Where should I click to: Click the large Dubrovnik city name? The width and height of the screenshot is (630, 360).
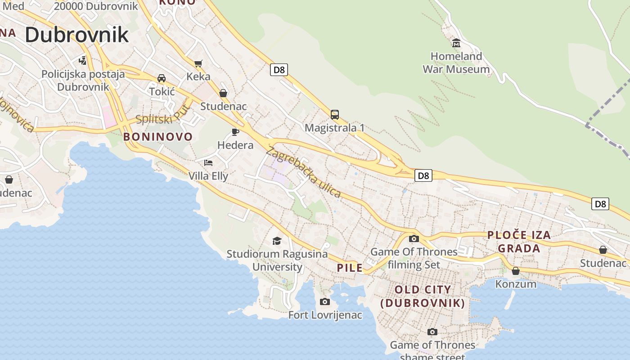click(x=76, y=35)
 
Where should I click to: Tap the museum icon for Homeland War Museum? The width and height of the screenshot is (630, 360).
click(x=456, y=43)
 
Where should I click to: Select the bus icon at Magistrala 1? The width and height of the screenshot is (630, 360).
click(x=334, y=114)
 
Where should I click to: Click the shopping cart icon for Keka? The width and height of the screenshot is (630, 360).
click(x=198, y=63)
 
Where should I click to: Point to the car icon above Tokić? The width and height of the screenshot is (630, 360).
click(x=162, y=78)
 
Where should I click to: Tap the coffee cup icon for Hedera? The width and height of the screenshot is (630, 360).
click(x=235, y=132)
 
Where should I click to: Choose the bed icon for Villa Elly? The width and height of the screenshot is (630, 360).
click(x=208, y=162)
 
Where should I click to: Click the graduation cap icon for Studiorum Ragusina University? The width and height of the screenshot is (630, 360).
click(x=277, y=241)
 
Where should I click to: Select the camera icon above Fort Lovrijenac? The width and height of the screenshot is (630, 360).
click(x=324, y=301)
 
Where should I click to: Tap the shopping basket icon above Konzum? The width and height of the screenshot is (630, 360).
click(x=516, y=271)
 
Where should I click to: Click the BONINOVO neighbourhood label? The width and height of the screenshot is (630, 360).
click(x=157, y=137)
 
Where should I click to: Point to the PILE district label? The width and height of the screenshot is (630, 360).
click(x=350, y=268)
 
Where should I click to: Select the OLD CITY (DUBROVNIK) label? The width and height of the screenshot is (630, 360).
click(x=423, y=296)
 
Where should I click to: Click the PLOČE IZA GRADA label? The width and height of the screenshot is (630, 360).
click(x=519, y=242)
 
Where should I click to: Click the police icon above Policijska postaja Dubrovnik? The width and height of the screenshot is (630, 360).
click(x=82, y=60)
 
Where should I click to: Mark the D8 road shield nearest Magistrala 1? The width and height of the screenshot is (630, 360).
click(x=279, y=70)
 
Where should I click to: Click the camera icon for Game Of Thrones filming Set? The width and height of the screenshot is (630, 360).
click(x=414, y=238)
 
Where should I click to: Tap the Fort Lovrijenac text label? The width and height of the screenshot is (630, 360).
click(x=325, y=315)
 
